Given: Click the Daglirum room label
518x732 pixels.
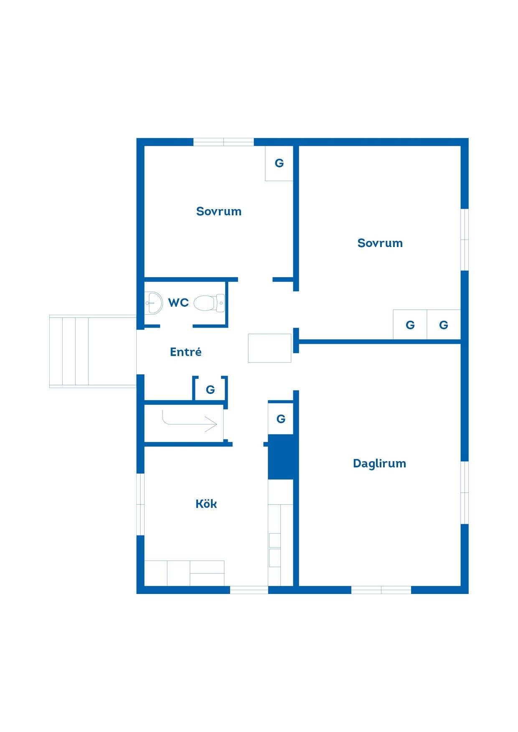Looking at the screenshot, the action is pyautogui.click(x=379, y=464).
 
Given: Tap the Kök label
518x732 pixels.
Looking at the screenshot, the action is pyautogui.click(x=206, y=504).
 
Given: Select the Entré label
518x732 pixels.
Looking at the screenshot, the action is pyautogui.click(x=186, y=352).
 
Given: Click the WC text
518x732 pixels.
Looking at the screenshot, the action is pyautogui.click(x=178, y=303).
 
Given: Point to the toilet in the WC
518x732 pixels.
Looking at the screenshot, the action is pyautogui.click(x=209, y=303).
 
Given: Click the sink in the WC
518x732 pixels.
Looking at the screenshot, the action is pyautogui.click(x=153, y=303).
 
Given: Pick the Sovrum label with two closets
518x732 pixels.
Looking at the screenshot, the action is pyautogui.click(x=380, y=243).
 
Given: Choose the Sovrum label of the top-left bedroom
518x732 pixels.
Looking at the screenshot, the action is pyautogui.click(x=219, y=211).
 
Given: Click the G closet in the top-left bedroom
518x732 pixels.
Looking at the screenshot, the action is pyautogui.click(x=279, y=163).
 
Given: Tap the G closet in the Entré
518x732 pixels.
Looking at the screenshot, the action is pyautogui.click(x=210, y=389).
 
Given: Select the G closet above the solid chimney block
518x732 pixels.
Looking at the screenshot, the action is pyautogui.click(x=281, y=419).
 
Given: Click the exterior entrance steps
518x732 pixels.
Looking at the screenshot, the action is pyautogui.click(x=93, y=351).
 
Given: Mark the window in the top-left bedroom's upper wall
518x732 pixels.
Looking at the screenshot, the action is pyautogui.click(x=223, y=142).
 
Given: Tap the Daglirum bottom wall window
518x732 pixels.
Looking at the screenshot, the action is pyautogui.click(x=381, y=590).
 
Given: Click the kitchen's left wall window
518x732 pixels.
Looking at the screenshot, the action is pyautogui.click(x=140, y=504).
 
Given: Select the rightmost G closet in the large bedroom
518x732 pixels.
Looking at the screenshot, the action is pyautogui.click(x=444, y=324).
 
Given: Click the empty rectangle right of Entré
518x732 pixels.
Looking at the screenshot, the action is pyautogui.click(x=269, y=348).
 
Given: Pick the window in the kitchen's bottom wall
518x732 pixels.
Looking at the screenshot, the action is pyautogui.click(x=249, y=590).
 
